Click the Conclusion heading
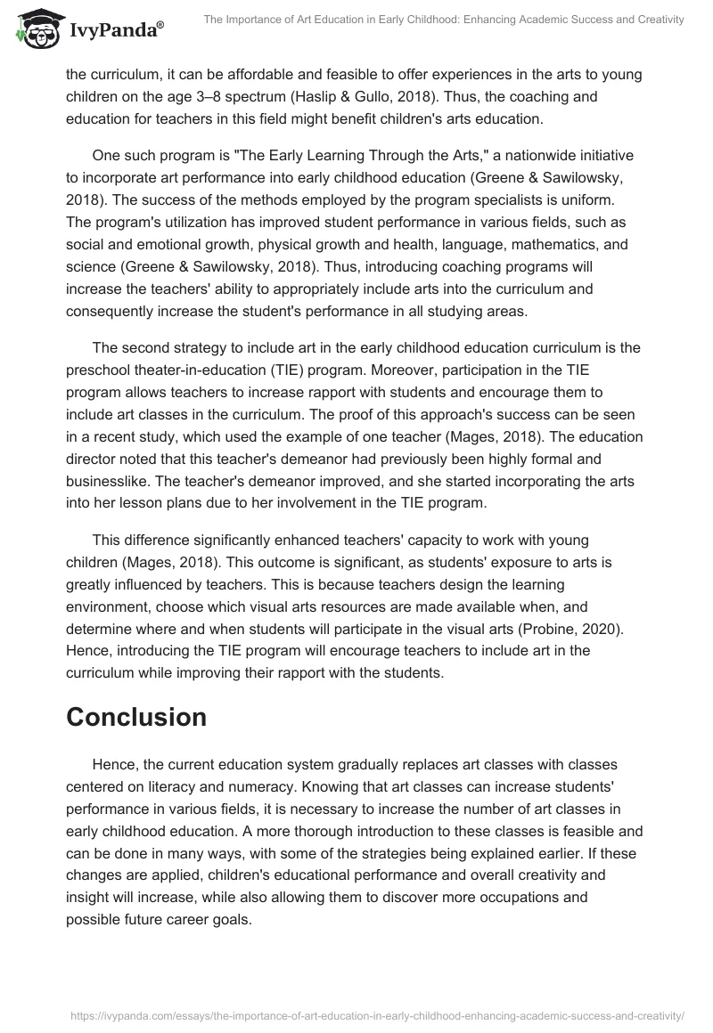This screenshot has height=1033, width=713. [x=136, y=717]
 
